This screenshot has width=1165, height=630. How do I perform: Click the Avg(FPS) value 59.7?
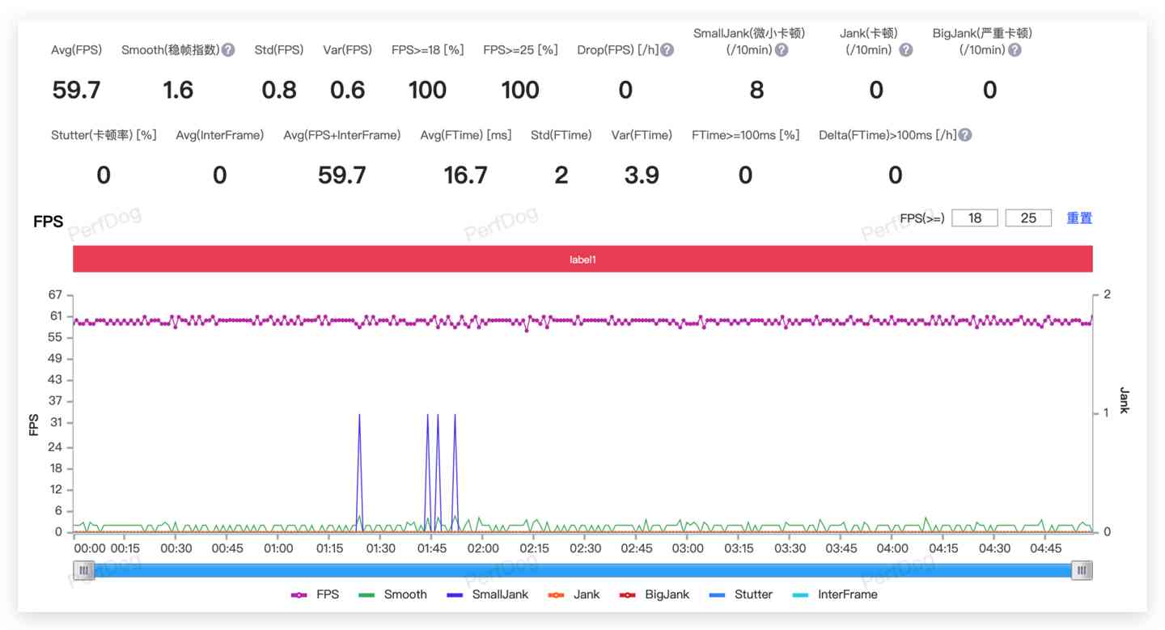click(x=77, y=91)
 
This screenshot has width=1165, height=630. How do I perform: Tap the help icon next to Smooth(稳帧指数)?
click(x=228, y=50)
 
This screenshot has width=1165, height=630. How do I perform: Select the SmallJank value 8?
click(x=756, y=91)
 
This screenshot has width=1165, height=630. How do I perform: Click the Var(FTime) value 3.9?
click(x=642, y=175)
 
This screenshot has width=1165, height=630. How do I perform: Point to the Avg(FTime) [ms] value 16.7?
click(x=465, y=175)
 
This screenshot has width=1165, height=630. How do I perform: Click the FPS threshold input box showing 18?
click(x=974, y=218)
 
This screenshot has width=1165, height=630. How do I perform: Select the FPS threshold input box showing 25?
click(x=1028, y=218)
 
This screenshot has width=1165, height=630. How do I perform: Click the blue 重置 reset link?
click(x=1079, y=218)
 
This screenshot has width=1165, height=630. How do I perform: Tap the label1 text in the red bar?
click(x=582, y=260)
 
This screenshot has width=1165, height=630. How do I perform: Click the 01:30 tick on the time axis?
click(x=380, y=548)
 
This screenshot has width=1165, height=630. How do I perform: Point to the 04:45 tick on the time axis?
click(x=1045, y=548)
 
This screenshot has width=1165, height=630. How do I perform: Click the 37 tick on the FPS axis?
click(x=56, y=401)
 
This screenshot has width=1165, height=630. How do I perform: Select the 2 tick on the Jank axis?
click(x=1108, y=294)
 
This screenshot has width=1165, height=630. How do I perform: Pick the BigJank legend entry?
click(x=655, y=594)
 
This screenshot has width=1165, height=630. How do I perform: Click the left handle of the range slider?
click(x=83, y=571)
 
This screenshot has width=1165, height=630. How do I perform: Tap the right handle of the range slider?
click(x=1082, y=571)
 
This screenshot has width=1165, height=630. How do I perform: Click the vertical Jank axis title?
click(x=1124, y=400)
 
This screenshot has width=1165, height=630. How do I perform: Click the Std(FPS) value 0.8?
click(x=279, y=91)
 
